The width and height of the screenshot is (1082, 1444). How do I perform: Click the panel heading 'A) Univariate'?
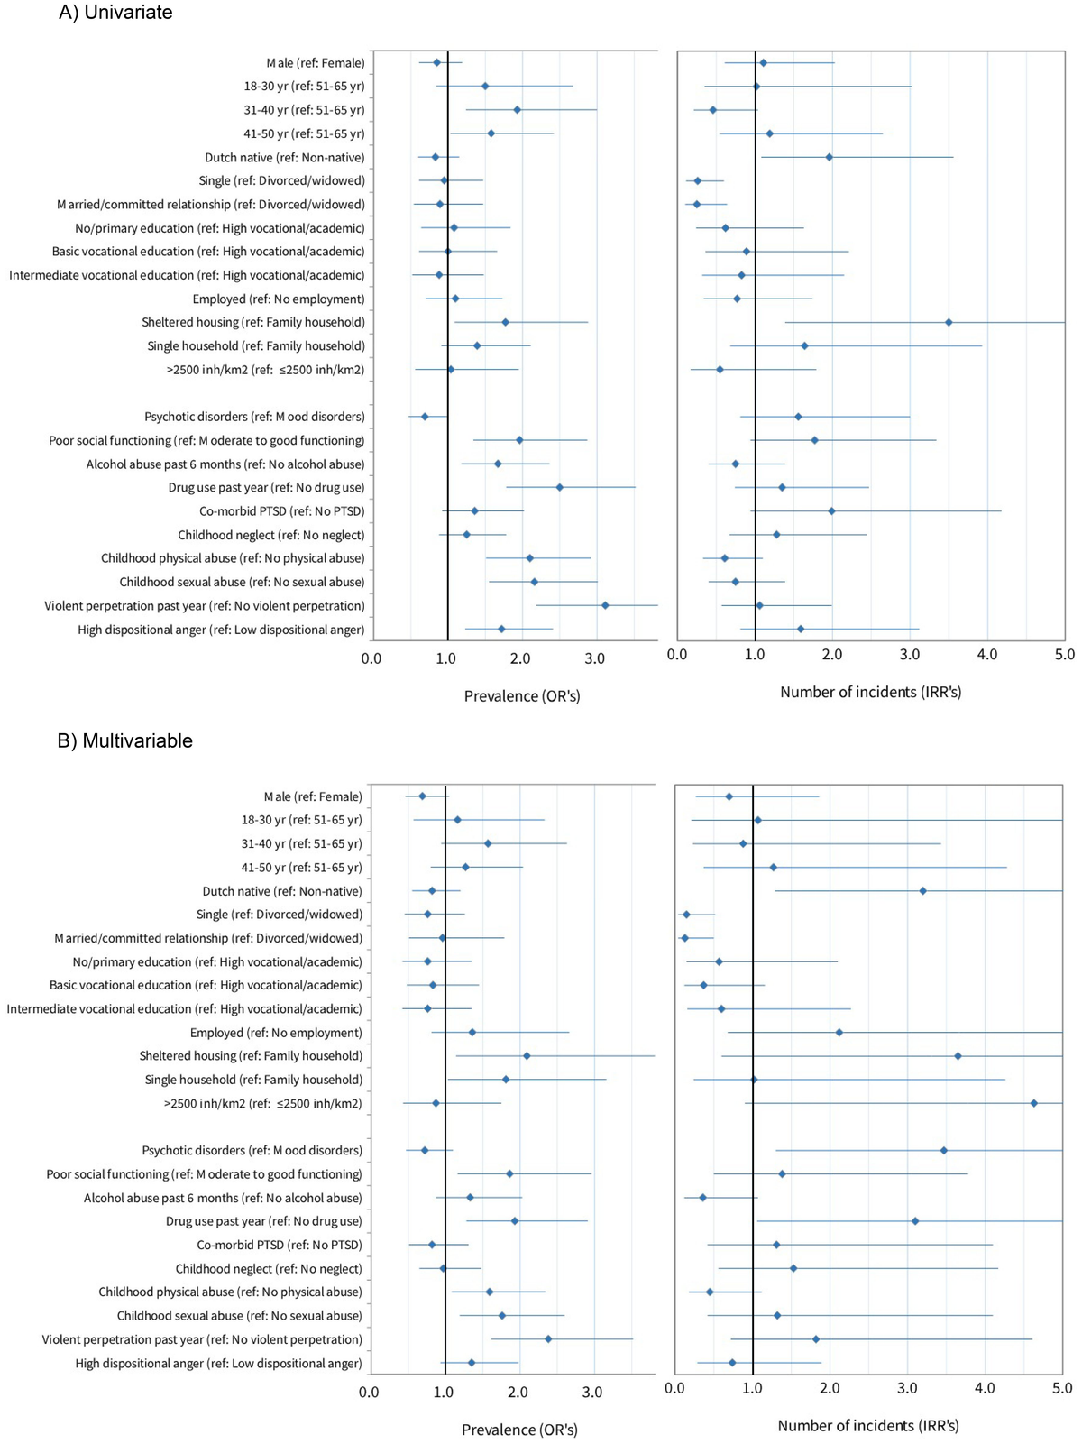point(115,13)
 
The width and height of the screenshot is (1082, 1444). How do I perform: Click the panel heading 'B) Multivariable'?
point(125,741)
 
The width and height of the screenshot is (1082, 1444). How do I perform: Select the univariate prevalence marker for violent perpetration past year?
point(605,605)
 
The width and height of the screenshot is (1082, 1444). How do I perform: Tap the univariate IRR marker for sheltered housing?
point(949,322)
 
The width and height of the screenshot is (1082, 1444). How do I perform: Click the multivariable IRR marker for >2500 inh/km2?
point(1034,1103)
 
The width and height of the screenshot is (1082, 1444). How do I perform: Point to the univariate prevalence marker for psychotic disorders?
point(425,417)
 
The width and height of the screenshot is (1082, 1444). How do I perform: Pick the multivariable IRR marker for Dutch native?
point(923,891)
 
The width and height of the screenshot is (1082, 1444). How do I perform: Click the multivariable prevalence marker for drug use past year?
point(515,1221)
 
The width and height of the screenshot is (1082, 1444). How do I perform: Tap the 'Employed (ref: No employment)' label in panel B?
point(276,1033)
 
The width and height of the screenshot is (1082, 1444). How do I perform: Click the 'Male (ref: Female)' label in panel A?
point(316,63)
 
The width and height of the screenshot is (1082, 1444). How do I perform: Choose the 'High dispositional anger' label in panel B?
point(218,1364)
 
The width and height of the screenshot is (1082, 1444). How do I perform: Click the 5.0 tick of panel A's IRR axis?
point(1065,655)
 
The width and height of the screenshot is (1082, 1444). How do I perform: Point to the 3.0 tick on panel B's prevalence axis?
point(592,1393)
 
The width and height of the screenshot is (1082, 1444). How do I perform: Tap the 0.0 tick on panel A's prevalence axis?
point(371,658)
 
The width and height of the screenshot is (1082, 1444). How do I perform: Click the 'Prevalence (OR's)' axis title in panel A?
point(522,696)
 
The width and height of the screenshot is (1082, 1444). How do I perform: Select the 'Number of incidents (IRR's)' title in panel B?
point(868,1426)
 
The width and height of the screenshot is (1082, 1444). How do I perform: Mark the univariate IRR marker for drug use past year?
point(782,488)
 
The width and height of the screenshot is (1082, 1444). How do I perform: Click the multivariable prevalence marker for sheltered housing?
point(527,1056)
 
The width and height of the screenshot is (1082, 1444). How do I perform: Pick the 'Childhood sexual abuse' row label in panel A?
point(242,583)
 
